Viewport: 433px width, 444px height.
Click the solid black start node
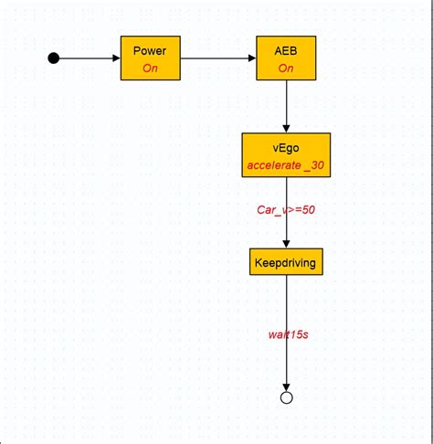click(53, 58)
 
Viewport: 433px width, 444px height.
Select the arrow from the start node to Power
click(87, 58)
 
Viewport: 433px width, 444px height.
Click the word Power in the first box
click(151, 51)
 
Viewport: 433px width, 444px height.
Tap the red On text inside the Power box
click(151, 68)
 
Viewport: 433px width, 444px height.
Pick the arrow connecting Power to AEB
click(219, 58)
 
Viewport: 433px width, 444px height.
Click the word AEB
click(286, 51)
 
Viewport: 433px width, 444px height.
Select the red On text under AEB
click(286, 68)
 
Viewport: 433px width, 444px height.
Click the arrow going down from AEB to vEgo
click(287, 105)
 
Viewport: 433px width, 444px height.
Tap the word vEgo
click(286, 148)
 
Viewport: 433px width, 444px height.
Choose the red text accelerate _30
click(286, 165)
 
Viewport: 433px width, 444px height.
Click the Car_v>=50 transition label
click(286, 210)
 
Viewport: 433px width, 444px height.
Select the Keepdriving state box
click(286, 262)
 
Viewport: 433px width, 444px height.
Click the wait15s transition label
click(288, 334)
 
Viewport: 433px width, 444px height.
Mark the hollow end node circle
click(287, 397)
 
